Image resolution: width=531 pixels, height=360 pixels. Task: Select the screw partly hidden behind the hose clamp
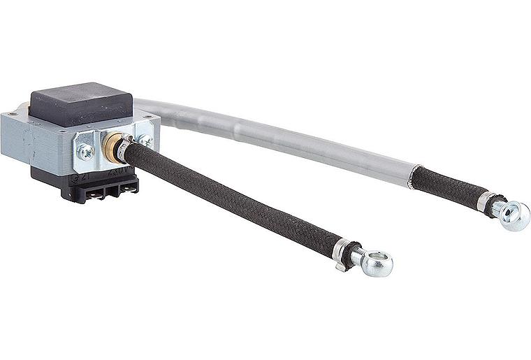click(145, 141)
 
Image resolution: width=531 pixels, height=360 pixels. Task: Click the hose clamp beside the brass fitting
click(126, 147)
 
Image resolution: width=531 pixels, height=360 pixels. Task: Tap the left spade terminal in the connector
click(95, 189)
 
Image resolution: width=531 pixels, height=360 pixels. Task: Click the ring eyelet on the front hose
click(376, 263)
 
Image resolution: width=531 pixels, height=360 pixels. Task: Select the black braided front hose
click(231, 202)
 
